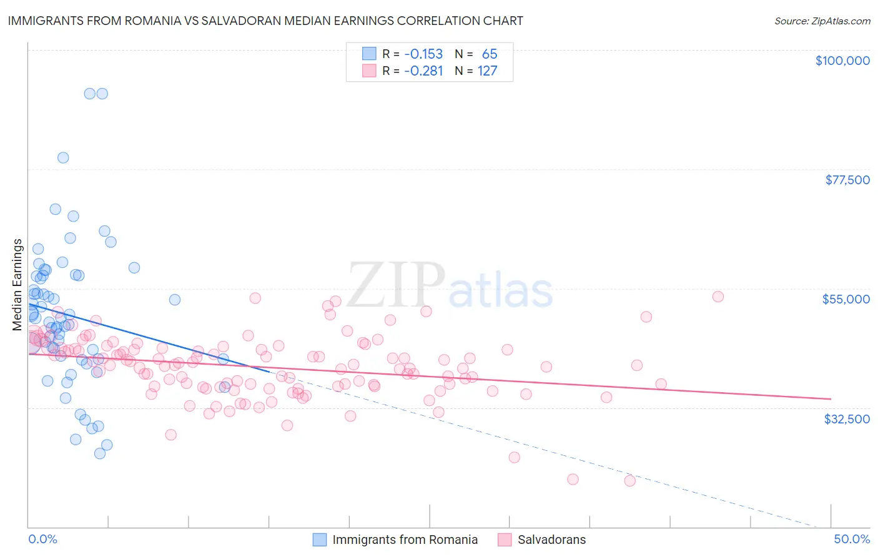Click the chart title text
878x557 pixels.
[x=266, y=21]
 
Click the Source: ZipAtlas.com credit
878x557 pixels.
[x=822, y=21]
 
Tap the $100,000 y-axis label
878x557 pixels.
[x=842, y=61]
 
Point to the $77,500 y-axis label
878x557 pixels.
[x=847, y=180]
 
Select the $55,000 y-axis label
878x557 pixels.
[x=846, y=299]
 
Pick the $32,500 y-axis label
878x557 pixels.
[x=847, y=419]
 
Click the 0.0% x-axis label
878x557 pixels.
[x=42, y=539]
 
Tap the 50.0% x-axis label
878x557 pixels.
[x=852, y=539]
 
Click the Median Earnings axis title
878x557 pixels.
[x=17, y=285]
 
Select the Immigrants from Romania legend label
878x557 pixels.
[x=405, y=540]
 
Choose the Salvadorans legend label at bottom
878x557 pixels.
[x=551, y=540]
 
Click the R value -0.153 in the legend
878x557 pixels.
[x=423, y=54]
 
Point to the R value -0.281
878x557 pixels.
[x=423, y=71]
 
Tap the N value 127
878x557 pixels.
[x=487, y=71]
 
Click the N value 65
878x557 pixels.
[x=489, y=54]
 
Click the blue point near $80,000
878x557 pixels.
[x=63, y=157]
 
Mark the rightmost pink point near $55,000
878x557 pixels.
[x=718, y=297]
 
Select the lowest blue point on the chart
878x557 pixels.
[x=100, y=453]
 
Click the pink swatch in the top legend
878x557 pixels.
[x=369, y=71]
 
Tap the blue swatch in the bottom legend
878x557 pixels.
[x=319, y=540]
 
